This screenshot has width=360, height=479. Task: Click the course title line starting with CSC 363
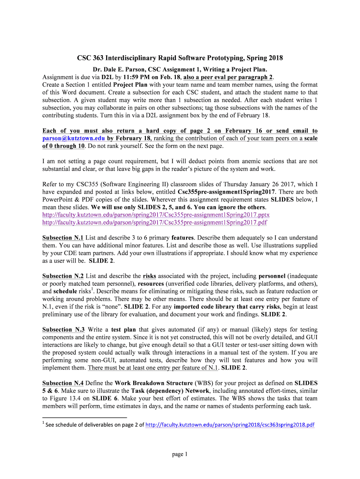180,58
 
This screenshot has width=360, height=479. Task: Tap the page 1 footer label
180,454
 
